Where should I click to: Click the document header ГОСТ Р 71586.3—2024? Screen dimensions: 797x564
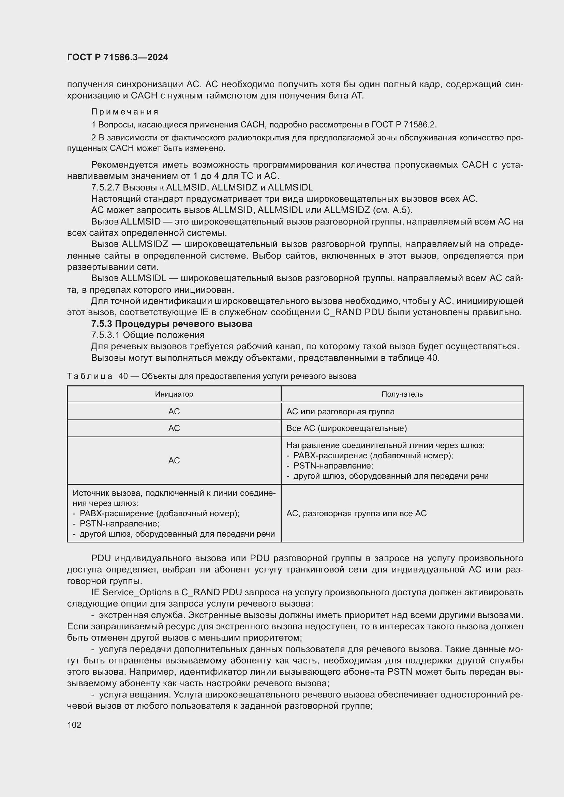point(117,57)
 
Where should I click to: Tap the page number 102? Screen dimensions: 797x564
point(74,725)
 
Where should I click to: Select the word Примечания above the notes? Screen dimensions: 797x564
point(125,112)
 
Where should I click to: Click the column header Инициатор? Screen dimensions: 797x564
point(174,394)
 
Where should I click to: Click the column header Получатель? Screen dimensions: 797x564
point(402,394)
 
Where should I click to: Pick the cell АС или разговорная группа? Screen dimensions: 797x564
point(340,412)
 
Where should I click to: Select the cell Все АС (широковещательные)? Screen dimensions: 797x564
point(346,428)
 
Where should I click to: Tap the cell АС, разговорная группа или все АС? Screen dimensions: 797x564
point(356,514)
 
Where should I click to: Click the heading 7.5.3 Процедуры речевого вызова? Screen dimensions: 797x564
point(172,324)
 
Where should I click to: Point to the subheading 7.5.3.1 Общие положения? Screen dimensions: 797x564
point(148,335)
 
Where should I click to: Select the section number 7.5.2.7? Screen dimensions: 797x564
point(105,187)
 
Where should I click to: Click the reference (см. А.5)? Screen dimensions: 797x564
point(392,210)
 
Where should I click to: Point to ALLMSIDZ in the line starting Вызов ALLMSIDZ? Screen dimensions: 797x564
point(145,244)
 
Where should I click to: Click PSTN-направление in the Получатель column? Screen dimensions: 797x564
point(333,466)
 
